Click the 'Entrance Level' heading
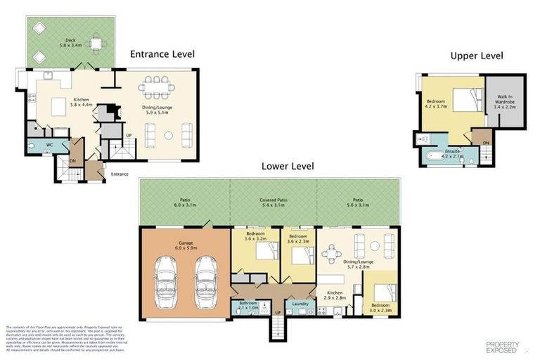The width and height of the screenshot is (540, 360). tap(162, 53)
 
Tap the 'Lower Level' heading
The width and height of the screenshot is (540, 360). tap(287, 166)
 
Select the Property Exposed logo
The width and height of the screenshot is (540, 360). tap(502, 346)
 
